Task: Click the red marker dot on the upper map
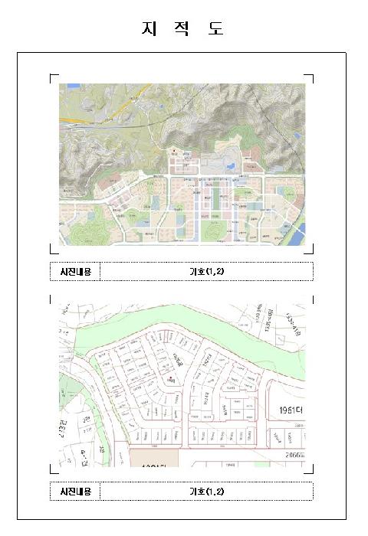click(174, 150)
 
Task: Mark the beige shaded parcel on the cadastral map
click(153, 458)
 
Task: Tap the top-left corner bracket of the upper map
click(52, 77)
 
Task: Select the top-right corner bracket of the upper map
click(311, 77)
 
